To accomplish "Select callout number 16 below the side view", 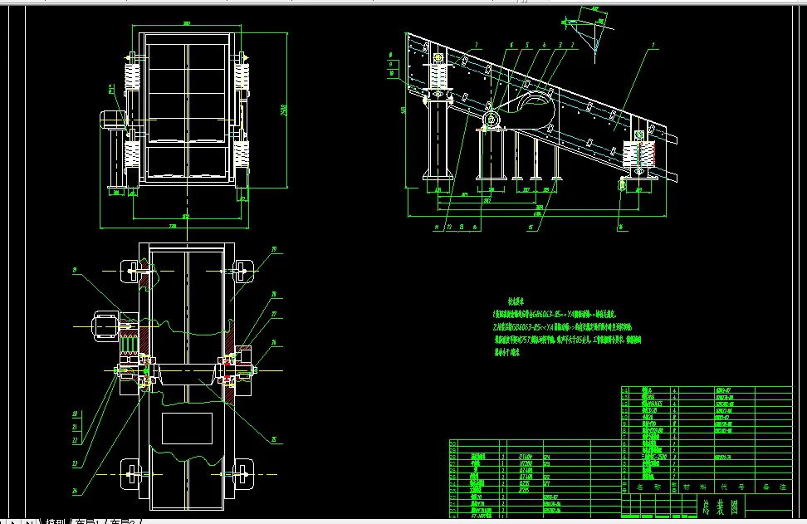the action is coord(619,226).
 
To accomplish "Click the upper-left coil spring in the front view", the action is coord(130,79).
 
